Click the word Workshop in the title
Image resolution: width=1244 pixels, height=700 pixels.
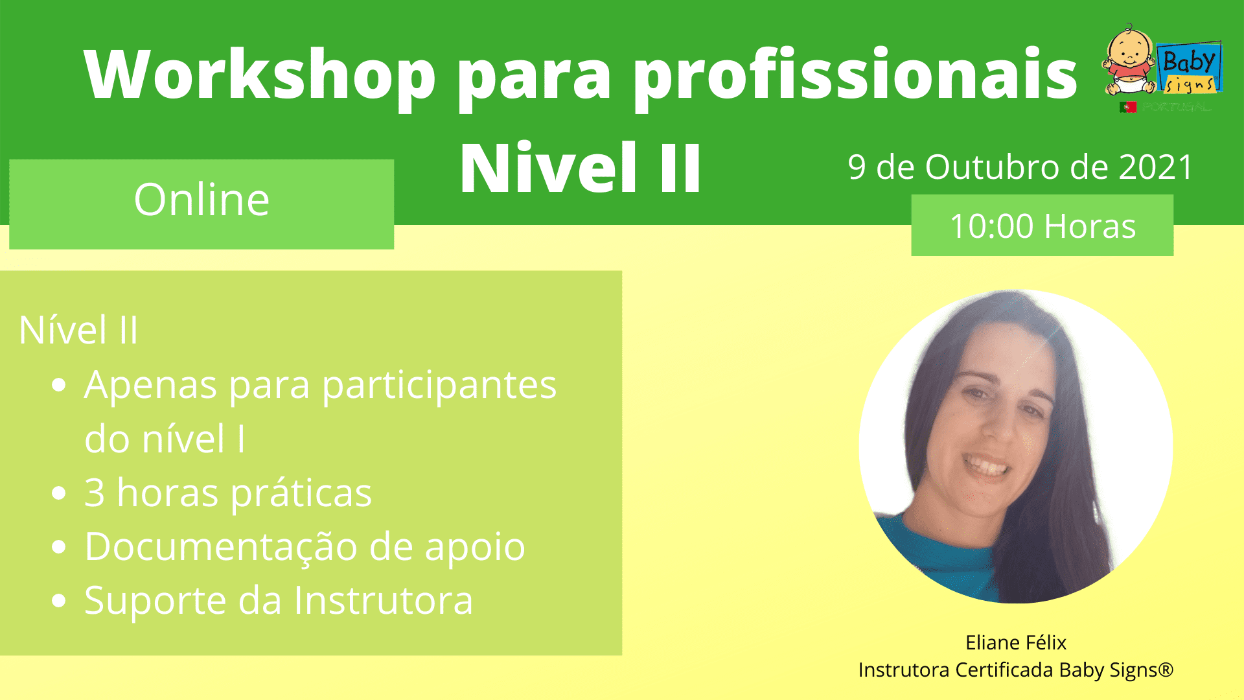tap(260, 75)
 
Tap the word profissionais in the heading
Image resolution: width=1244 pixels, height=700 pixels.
tap(855, 75)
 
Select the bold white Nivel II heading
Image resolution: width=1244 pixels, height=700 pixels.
tap(581, 169)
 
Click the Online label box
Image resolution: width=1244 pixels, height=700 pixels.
tap(202, 204)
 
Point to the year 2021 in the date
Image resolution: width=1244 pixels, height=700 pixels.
tap(1155, 167)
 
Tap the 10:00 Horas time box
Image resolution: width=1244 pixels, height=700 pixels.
tap(1042, 225)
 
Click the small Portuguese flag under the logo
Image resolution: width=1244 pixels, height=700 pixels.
tap(1128, 107)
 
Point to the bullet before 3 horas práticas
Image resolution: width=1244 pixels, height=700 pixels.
tap(59, 493)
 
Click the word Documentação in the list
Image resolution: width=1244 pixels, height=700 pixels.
tap(221, 546)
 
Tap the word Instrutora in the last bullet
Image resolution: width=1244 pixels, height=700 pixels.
tap(384, 600)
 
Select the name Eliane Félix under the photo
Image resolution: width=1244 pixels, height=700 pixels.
tap(1016, 642)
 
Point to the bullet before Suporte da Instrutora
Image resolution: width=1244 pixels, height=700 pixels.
tap(59, 601)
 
